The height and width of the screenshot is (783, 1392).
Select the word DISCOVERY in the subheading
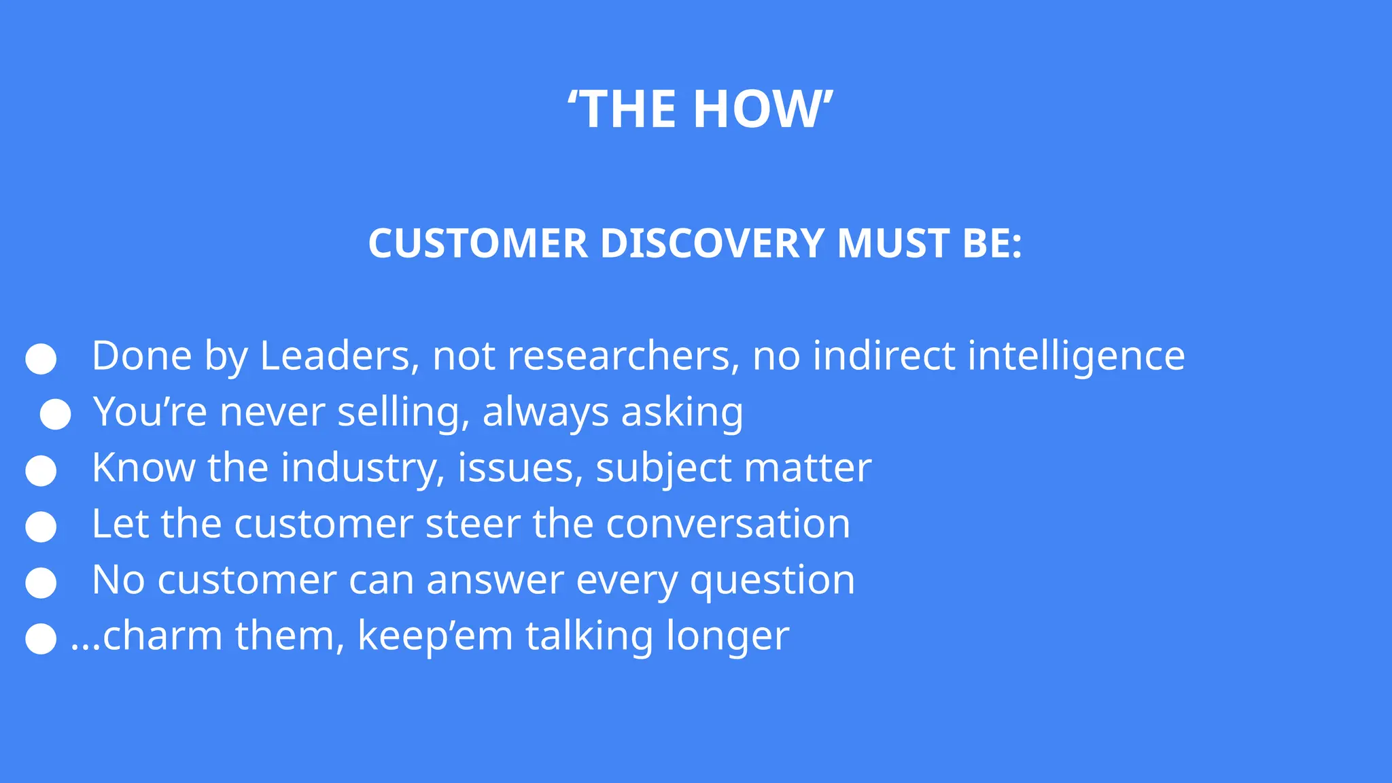pos(712,243)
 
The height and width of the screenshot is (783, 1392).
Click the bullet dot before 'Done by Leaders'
pos(41,359)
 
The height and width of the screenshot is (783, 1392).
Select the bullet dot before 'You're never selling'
pos(55,414)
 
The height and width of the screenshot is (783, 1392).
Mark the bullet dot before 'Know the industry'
pos(41,471)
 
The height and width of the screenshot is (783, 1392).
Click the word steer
pos(472,524)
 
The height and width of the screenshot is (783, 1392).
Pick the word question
pos(772,581)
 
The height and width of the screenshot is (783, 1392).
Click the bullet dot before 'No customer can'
pos(41,583)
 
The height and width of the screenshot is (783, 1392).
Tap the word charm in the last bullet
pos(163,636)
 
